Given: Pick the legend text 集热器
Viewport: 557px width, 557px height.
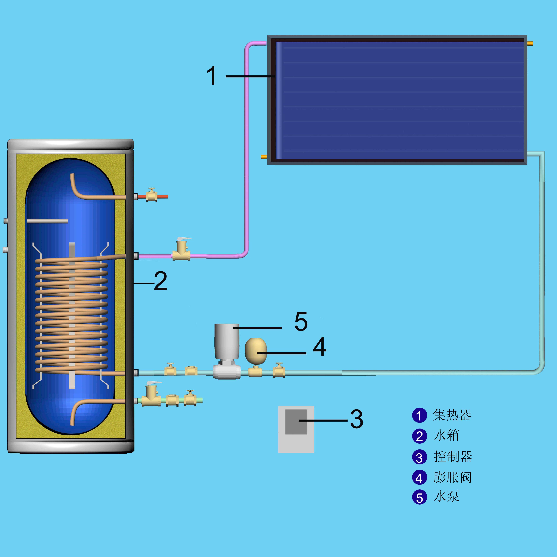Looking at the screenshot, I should point(452,415).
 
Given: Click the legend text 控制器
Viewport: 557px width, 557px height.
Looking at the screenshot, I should point(453,457).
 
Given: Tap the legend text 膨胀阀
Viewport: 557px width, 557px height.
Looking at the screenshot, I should point(452,477).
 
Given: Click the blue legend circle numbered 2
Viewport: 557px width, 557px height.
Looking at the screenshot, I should point(420,436).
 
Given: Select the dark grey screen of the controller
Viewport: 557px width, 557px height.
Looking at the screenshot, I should point(296,421).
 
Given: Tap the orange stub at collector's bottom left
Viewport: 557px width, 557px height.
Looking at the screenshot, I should point(264,157).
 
